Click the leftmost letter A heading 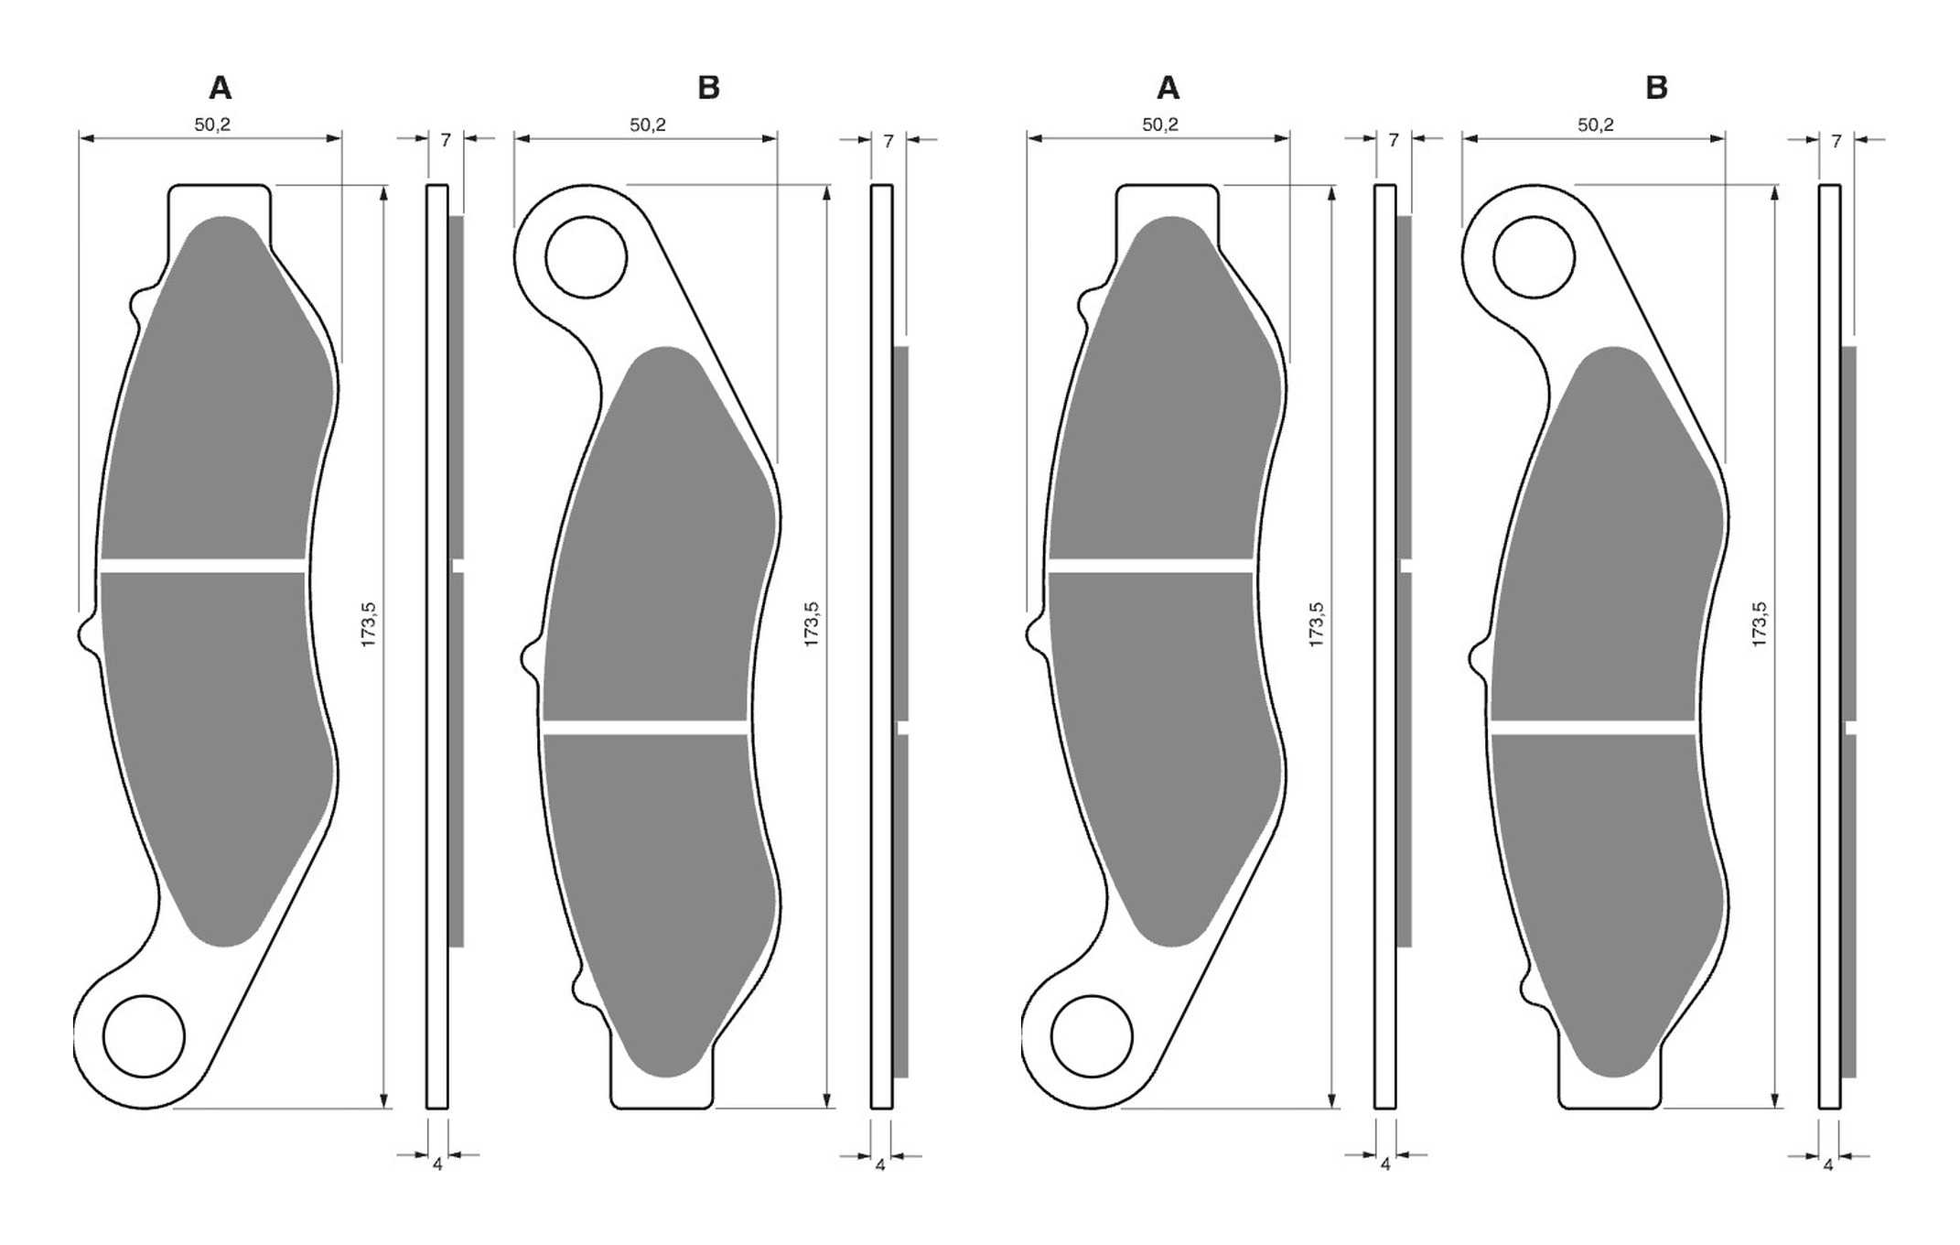click(221, 88)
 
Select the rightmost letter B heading click(1656, 88)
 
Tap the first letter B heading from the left click(708, 88)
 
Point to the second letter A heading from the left click(1168, 88)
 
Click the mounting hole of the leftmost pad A click(145, 1037)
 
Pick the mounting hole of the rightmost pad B click(1534, 257)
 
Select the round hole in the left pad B click(586, 257)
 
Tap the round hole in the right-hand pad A click(1093, 1037)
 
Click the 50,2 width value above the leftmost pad click(212, 124)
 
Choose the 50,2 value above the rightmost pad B click(1596, 124)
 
